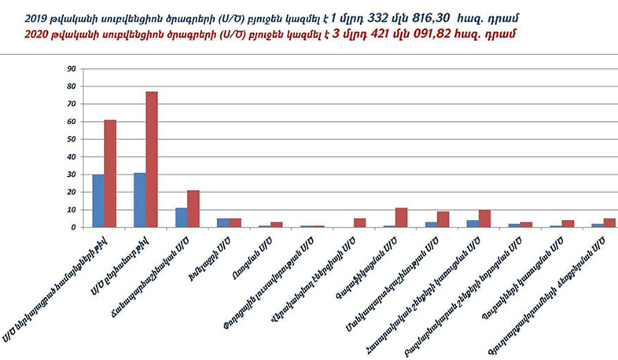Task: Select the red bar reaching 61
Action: click(110, 174)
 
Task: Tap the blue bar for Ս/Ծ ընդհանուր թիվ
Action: click(139, 200)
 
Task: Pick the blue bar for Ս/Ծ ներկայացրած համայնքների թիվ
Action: click(97, 200)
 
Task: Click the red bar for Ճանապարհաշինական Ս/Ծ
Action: click(193, 208)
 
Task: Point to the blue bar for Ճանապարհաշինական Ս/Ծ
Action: click(181, 217)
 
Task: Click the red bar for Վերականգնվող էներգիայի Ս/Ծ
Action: click(359, 222)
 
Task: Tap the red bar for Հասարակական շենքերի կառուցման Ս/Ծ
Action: click(484, 219)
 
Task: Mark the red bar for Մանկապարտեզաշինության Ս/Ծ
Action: click(443, 219)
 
